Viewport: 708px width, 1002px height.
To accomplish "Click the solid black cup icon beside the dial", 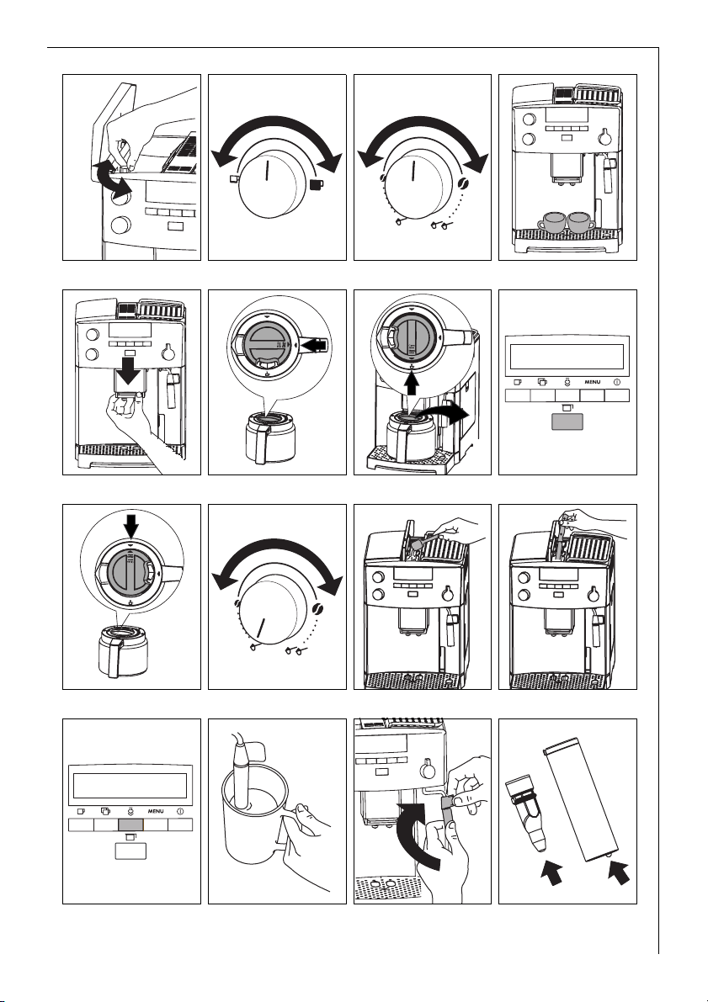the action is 316,185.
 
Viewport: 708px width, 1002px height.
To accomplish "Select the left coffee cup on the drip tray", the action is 551,222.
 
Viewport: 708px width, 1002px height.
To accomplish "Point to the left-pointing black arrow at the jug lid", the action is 316,344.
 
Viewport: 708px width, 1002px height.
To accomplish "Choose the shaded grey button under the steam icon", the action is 131,825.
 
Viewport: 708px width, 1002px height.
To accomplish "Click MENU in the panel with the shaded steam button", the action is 156,811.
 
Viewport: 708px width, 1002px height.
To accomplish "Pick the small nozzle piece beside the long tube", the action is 525,812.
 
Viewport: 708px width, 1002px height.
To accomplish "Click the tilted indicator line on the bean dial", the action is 261,628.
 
